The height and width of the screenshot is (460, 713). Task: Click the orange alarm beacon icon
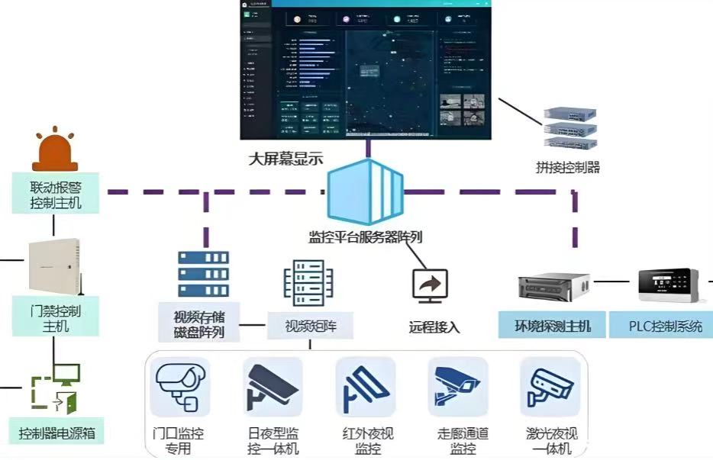[53, 153]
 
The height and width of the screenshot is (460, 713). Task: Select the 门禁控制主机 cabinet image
[53, 268]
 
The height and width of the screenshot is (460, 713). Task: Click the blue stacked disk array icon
[203, 274]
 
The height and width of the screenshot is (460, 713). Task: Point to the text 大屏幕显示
[286, 159]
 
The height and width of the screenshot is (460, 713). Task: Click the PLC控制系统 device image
[669, 285]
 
